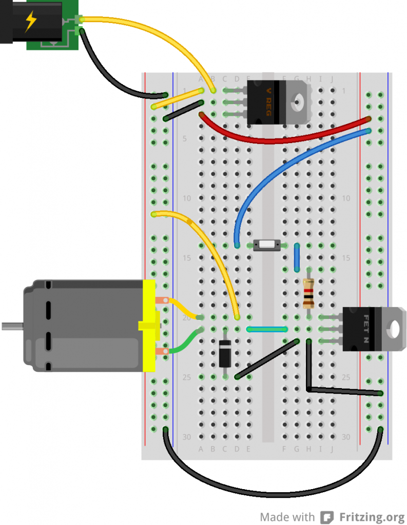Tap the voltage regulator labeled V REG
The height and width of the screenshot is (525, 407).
pos(267,102)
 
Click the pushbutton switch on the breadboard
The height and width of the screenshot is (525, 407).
pos(267,245)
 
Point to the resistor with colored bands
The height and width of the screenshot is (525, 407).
pos(308,293)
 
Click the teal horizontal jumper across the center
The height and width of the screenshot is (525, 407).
pos(267,329)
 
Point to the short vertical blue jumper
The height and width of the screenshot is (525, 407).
pos(297,258)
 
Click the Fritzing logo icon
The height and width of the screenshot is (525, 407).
pos(326,516)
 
